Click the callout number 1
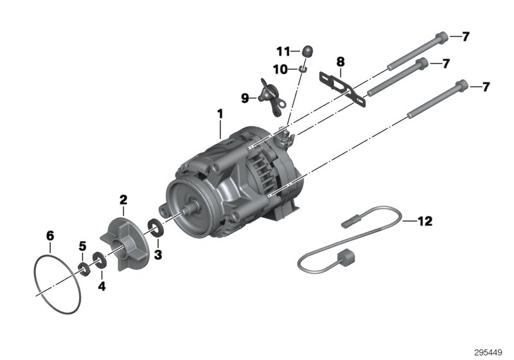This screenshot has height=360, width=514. pyautogui.click(x=220, y=115)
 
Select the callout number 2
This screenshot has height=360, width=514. pyautogui.click(x=123, y=201)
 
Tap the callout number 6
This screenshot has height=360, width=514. pyautogui.click(x=49, y=235)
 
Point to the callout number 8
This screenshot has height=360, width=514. pyautogui.click(x=340, y=62)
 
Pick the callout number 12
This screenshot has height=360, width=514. pyautogui.click(x=425, y=222)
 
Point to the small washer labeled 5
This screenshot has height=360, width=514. pyautogui.click(x=84, y=267)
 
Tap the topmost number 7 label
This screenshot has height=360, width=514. pyautogui.click(x=466, y=36)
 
